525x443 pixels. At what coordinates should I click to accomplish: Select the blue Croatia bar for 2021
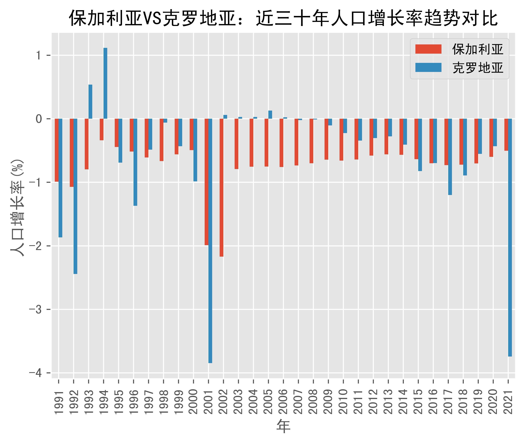tap(510, 237)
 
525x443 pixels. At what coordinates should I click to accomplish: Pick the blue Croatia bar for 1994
tap(105, 83)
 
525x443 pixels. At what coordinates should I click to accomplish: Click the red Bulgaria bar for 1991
tap(57, 150)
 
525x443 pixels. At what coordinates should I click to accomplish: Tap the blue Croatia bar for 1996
tap(135, 162)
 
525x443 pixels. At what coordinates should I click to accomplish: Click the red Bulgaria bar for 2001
tap(206, 182)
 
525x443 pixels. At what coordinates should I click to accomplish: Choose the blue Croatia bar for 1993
tap(90, 101)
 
